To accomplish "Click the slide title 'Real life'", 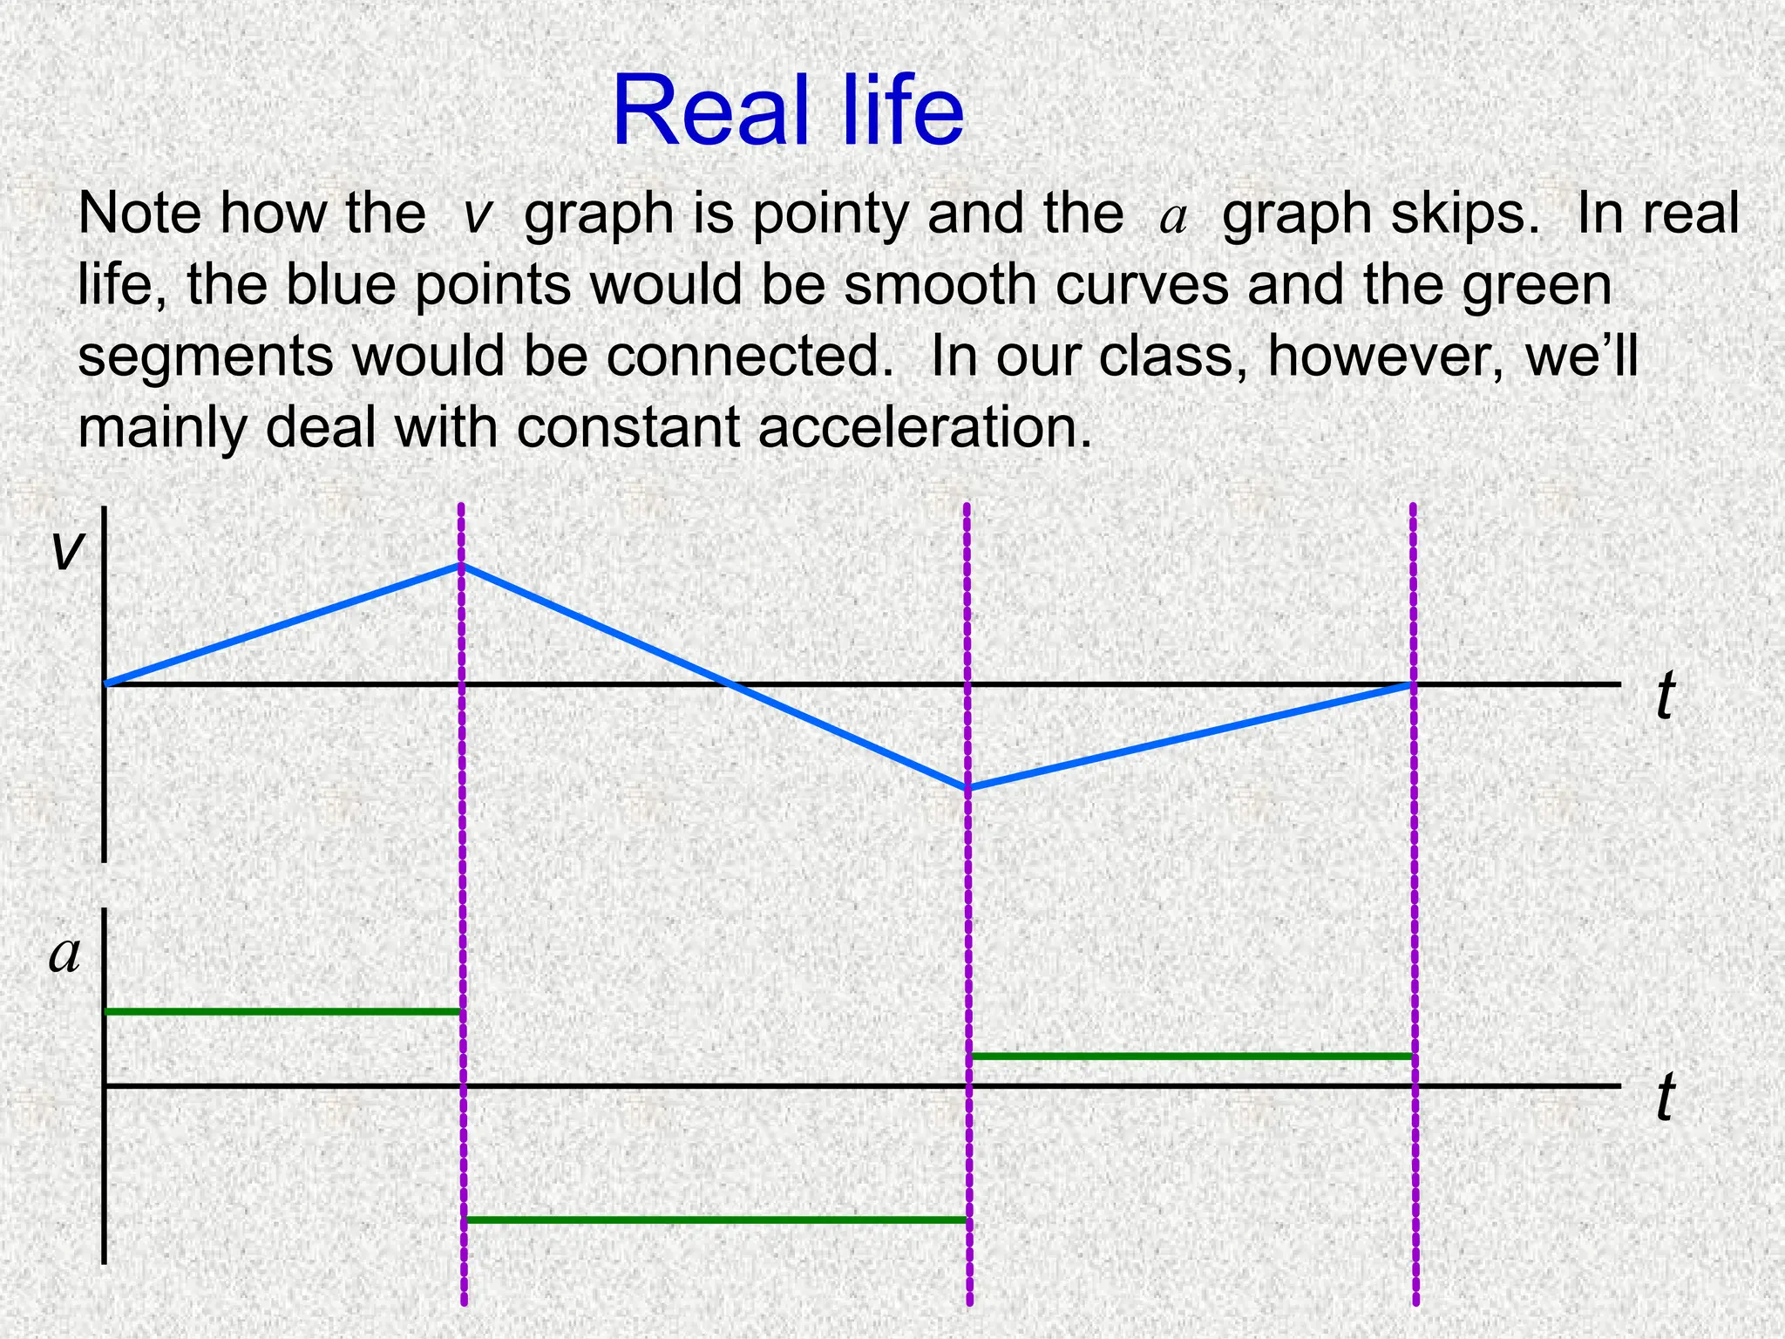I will click(x=788, y=112).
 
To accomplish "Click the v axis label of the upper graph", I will click(x=68, y=550).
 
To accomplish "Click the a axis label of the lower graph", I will click(x=64, y=953).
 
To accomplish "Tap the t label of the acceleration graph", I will click(x=1665, y=1097).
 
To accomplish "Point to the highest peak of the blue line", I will click(x=459, y=566).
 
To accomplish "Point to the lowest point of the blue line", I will click(x=967, y=789).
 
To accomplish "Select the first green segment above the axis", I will click(x=282, y=1012).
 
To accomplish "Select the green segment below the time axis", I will click(x=715, y=1220).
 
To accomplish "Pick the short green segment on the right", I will click(x=1191, y=1057).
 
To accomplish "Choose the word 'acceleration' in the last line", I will click(x=924, y=428).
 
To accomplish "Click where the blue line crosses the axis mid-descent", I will click(x=726, y=684).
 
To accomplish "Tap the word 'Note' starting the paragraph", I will click(x=139, y=214).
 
